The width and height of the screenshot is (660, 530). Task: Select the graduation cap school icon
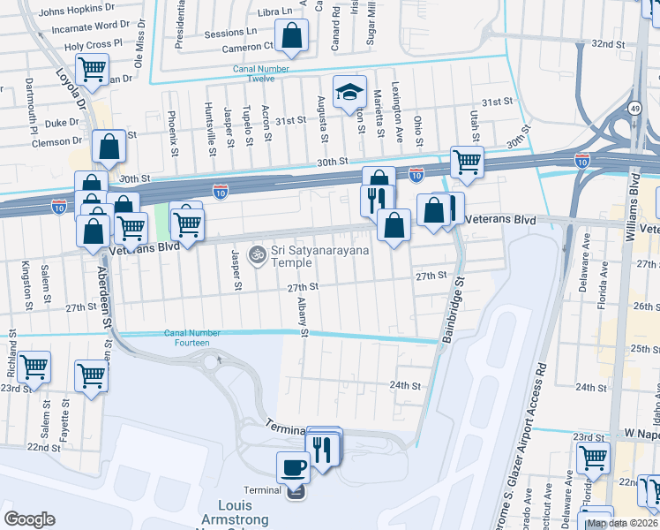click(349, 90)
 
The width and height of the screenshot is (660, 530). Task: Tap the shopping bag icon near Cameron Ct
click(291, 36)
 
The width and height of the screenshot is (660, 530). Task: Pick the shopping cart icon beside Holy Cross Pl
click(92, 68)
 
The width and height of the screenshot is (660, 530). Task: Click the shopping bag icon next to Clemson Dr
click(108, 148)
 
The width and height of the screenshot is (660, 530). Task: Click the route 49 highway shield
click(634, 108)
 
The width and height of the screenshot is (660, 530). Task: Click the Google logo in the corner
click(30, 519)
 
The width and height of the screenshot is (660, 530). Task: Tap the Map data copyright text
click(622, 523)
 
